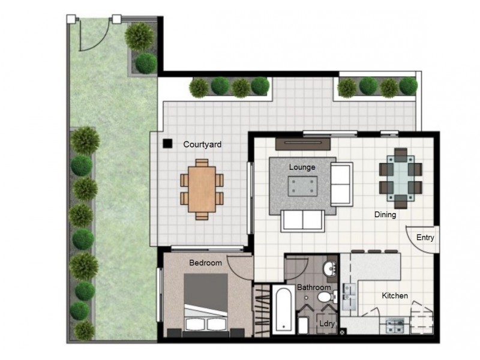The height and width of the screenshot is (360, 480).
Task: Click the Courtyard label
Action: [202, 145]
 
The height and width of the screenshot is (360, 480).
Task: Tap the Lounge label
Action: [302, 167]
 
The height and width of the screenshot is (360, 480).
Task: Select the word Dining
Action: [385, 214]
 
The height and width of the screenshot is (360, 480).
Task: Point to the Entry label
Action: [425, 238]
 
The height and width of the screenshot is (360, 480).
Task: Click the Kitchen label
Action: [395, 296]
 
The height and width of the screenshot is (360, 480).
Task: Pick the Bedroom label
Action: [205, 263]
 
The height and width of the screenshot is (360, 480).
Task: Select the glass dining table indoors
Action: [400, 175]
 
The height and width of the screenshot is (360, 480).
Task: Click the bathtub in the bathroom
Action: [282, 310]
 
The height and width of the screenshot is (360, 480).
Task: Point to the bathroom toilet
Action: [324, 297]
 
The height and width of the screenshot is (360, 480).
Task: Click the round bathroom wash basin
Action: [330, 268]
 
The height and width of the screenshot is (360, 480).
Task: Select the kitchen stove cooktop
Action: [395, 326]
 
